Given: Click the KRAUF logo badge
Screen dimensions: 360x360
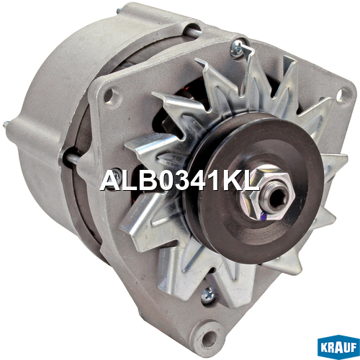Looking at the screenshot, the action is click(x=338, y=346).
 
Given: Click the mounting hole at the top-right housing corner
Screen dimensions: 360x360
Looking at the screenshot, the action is click(x=341, y=96).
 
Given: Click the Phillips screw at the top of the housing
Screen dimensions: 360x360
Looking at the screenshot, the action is click(x=237, y=49).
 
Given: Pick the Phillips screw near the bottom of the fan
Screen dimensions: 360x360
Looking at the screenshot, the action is click(x=207, y=294).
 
